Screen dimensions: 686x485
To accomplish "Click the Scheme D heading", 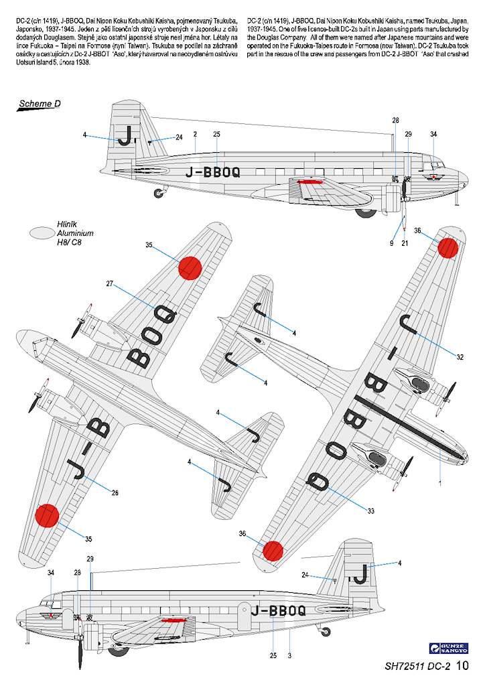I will tap(40, 103).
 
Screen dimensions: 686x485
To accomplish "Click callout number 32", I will tap(460, 357).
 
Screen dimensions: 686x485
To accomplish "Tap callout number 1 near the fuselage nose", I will tap(440, 482).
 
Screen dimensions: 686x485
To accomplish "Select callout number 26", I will tap(115, 493).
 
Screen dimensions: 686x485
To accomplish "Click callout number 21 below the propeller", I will tap(405, 243).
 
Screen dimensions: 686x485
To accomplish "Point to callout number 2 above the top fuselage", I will tap(194, 135).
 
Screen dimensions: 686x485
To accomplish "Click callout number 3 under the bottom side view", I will tap(289, 655).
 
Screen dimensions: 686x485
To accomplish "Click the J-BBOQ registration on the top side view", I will tap(210, 171).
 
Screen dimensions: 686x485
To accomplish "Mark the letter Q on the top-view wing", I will tap(165, 315).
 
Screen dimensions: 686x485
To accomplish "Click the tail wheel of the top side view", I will tap(159, 194).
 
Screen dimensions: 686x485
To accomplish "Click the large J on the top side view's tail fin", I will tap(124, 135).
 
